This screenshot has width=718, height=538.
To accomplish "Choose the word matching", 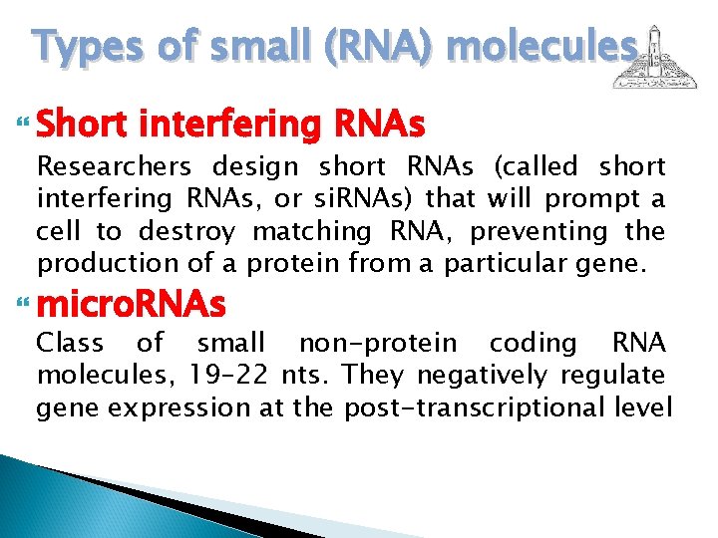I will [311, 231].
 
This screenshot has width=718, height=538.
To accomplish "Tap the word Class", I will [71, 343].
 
